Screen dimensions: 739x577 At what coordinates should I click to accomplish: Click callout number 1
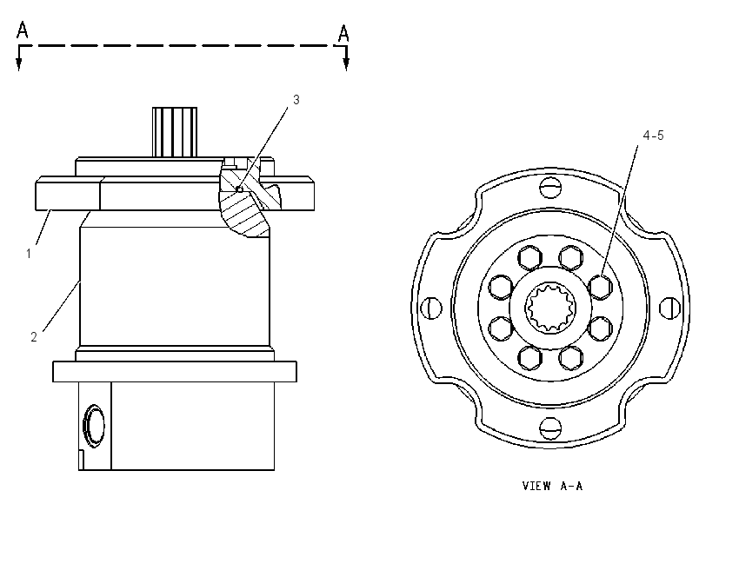(x=29, y=254)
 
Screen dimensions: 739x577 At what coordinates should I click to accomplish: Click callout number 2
(x=33, y=337)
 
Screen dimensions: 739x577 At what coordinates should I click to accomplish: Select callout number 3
(x=296, y=100)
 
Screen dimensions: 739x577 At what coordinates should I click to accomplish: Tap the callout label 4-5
(x=653, y=136)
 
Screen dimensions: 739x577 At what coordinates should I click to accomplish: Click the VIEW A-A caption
(x=552, y=486)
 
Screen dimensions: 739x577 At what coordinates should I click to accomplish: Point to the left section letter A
(x=22, y=30)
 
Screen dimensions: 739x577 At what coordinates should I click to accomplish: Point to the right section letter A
(x=343, y=33)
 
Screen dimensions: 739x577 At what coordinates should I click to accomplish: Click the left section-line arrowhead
(x=19, y=65)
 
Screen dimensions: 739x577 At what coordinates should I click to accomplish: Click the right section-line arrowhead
(x=346, y=65)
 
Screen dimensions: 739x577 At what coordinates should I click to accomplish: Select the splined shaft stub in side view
(x=175, y=132)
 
